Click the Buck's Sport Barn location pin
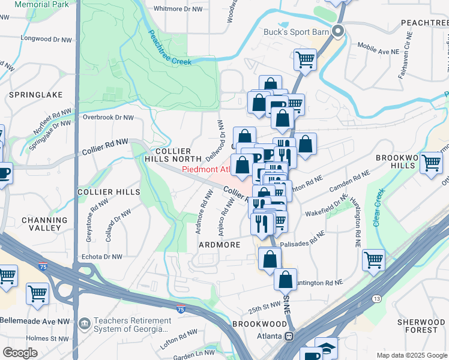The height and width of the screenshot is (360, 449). click(339, 31)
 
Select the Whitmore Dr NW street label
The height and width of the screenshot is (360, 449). click(178, 9)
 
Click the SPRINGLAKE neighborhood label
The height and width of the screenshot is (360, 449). click(28, 95)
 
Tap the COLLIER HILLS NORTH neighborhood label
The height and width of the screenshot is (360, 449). click(172, 155)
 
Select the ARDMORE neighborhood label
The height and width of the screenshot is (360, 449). click(220, 245)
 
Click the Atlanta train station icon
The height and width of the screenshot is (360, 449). click(289, 337)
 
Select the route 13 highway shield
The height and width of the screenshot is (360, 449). click(376, 298)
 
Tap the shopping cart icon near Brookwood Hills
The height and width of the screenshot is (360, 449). click(431, 163)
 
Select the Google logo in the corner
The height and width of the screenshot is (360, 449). click(20, 352)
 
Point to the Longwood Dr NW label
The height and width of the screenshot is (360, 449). click(44, 38)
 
